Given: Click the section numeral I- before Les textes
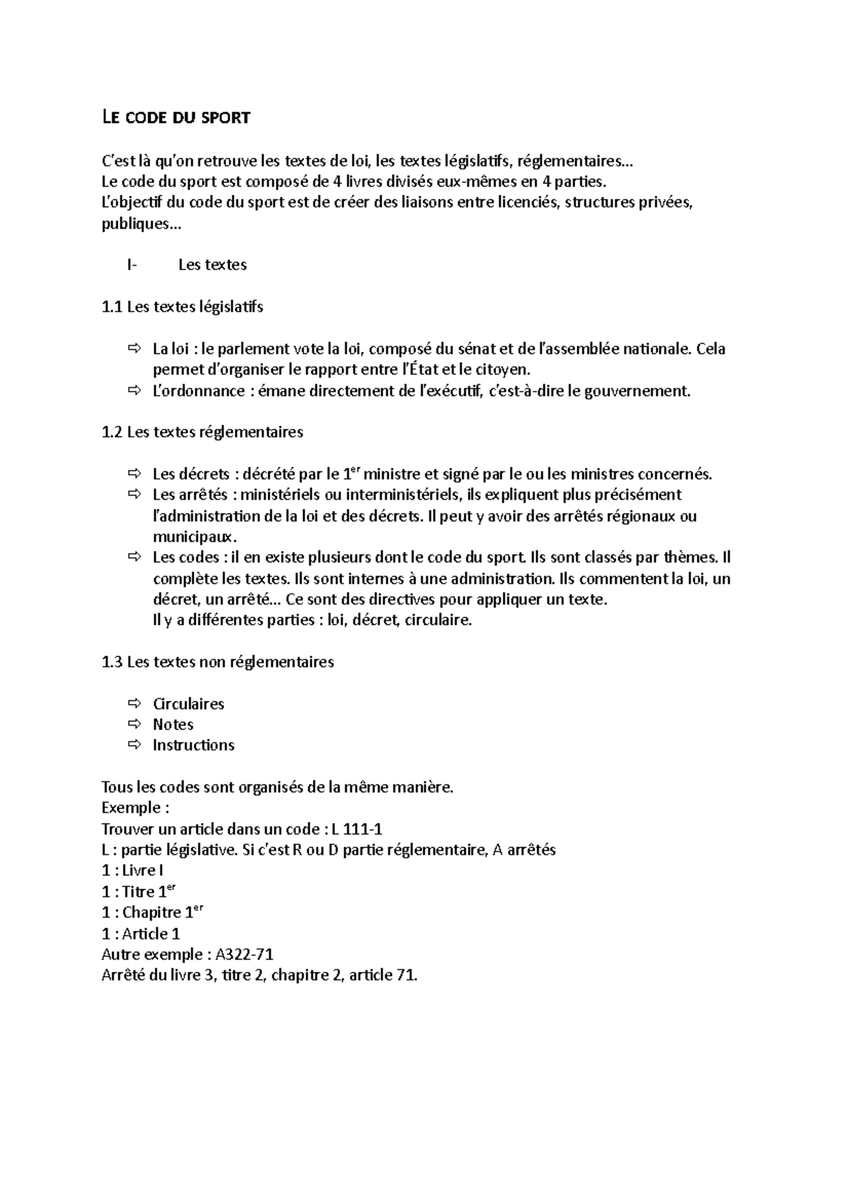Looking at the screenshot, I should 131,265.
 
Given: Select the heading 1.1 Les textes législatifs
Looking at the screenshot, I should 182,307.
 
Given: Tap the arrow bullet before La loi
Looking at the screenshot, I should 134,348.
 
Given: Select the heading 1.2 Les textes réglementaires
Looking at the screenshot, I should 202,432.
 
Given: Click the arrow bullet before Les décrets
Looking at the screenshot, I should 134,474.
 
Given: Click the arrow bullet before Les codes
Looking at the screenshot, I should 134,558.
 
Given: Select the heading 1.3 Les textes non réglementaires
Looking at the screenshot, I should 218,662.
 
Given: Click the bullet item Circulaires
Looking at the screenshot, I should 188,704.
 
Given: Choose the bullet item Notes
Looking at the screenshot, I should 172,724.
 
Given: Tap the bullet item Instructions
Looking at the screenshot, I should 193,745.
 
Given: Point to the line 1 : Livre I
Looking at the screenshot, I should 133,871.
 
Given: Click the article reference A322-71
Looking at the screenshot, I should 244,955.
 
